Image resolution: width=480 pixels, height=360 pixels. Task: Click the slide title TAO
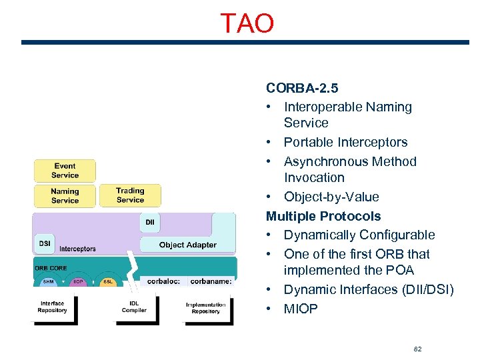[247, 23]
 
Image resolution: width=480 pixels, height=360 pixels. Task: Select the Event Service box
[65, 171]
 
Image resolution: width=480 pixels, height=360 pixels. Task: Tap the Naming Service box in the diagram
[65, 195]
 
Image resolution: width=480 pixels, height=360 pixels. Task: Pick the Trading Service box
[130, 195]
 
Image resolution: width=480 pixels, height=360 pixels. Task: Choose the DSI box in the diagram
[45, 243]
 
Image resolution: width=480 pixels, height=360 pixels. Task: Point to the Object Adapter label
[187, 245]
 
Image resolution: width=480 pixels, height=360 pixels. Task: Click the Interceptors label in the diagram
[77, 249]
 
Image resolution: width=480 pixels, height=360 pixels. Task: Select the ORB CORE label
[50, 268]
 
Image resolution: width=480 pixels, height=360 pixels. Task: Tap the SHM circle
[48, 282]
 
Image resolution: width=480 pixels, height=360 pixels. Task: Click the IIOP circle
[78, 282]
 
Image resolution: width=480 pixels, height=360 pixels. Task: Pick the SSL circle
[108, 282]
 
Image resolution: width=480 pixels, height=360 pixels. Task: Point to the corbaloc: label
[163, 282]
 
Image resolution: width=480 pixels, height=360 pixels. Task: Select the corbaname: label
[211, 282]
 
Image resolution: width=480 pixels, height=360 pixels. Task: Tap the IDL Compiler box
[134, 307]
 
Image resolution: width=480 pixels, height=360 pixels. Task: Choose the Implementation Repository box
[205, 307]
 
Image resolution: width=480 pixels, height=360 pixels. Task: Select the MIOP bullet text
[301, 309]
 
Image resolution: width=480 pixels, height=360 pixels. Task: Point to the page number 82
[418, 349]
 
